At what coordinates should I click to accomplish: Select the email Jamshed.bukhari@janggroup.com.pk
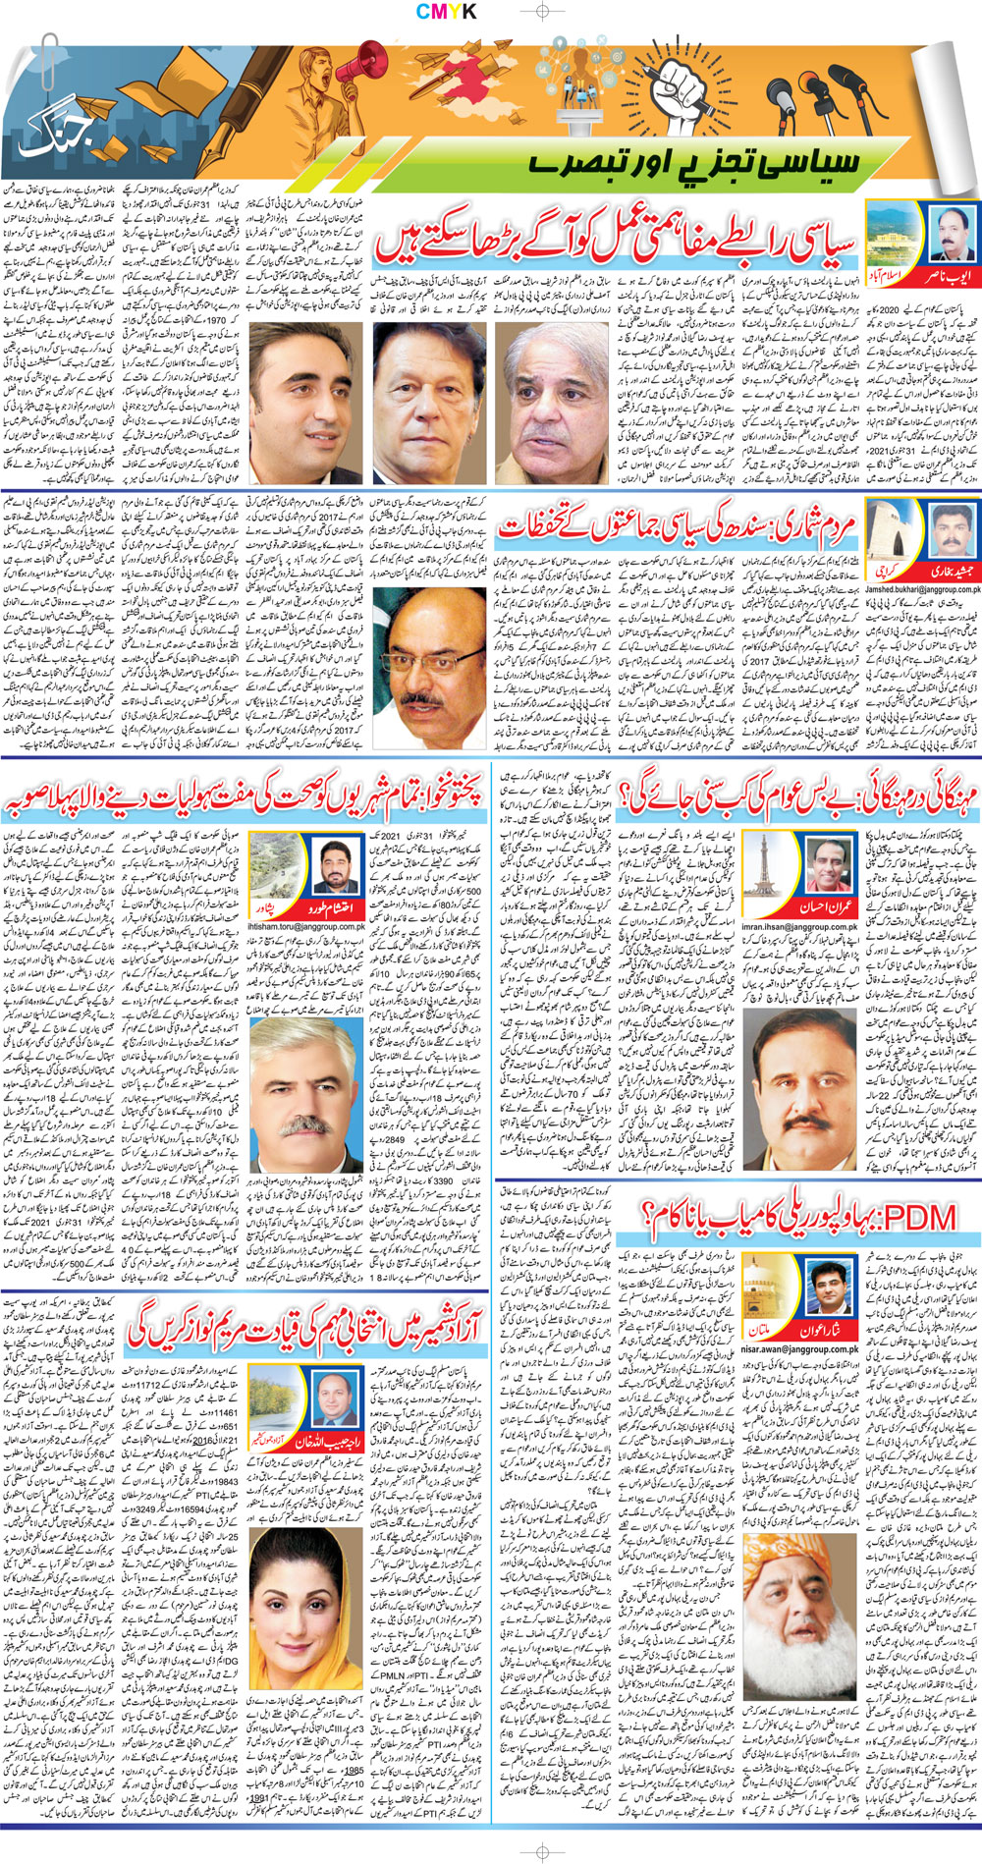pos(919,589)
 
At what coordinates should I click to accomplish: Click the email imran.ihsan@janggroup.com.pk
pos(800,926)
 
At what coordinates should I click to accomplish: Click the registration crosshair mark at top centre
pos(539,12)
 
